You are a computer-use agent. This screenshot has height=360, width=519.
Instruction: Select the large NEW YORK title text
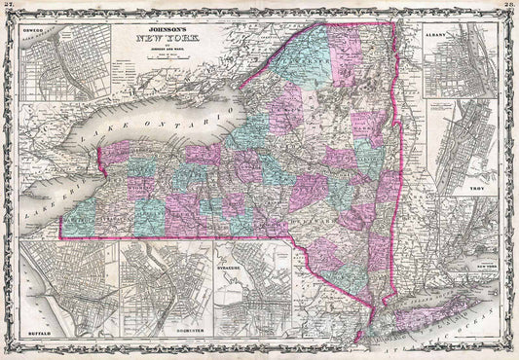(x=159, y=32)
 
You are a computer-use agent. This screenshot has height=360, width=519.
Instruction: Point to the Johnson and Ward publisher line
(x=159, y=43)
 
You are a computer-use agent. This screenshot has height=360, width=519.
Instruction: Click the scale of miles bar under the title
(x=159, y=53)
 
